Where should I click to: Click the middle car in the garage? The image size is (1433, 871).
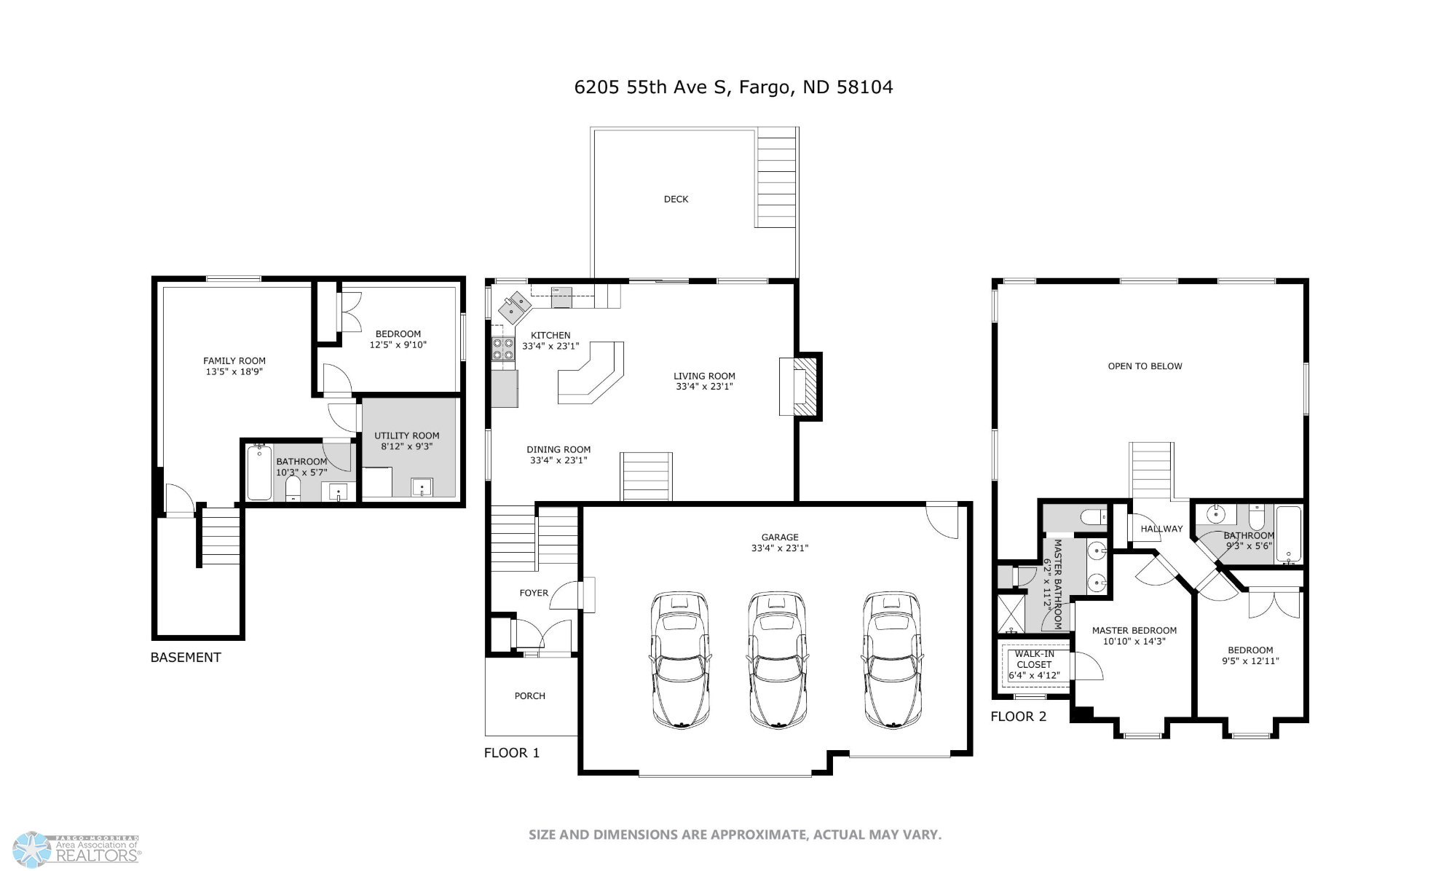click(x=776, y=660)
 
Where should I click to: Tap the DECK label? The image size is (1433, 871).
click(x=676, y=199)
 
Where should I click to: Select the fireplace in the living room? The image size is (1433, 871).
click(x=800, y=387)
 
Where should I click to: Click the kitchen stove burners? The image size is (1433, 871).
click(x=502, y=349)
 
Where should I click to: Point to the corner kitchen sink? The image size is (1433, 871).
click(x=515, y=307)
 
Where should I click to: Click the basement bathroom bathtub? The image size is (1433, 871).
click(x=259, y=472)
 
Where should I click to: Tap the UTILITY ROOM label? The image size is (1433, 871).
click(x=407, y=435)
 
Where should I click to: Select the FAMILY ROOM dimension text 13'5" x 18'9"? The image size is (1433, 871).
click(x=234, y=371)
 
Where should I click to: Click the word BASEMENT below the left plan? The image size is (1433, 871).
click(x=186, y=657)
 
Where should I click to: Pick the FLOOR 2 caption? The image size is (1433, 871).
click(x=1018, y=717)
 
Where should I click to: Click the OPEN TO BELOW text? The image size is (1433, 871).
click(x=1145, y=366)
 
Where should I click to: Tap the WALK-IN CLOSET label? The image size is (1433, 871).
click(x=1034, y=659)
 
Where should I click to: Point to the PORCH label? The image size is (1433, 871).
click(x=529, y=696)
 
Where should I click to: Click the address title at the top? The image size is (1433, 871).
click(x=733, y=87)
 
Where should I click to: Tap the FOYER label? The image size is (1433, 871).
click(x=534, y=593)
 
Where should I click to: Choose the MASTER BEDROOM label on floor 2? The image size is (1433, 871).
click(x=1134, y=631)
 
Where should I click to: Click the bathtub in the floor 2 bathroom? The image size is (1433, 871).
click(x=1288, y=534)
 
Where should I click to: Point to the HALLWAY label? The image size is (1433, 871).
click(x=1161, y=529)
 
